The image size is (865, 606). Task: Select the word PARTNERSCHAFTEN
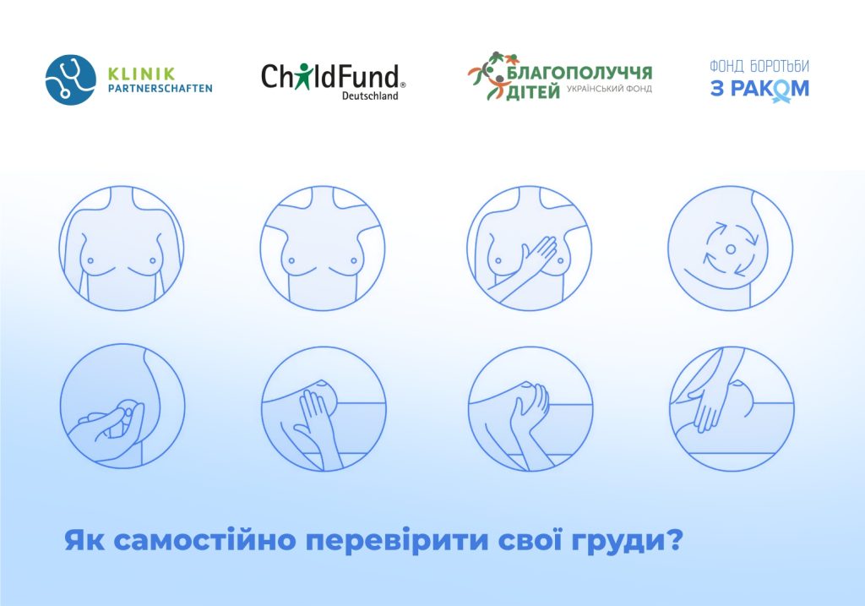160,88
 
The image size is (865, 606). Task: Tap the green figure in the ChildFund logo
302,75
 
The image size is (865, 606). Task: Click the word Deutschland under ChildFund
370,96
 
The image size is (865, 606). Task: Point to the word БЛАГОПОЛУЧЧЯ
579,72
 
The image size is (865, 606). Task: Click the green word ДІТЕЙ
533,91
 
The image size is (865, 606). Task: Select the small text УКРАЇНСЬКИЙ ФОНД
609,88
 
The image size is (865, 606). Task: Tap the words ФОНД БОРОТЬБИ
759,66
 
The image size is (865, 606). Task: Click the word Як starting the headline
84,540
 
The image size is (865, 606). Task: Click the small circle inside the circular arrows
731,249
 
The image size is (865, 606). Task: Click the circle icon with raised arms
323,248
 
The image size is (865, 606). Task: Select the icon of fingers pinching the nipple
122,407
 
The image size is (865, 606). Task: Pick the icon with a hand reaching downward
732,408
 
